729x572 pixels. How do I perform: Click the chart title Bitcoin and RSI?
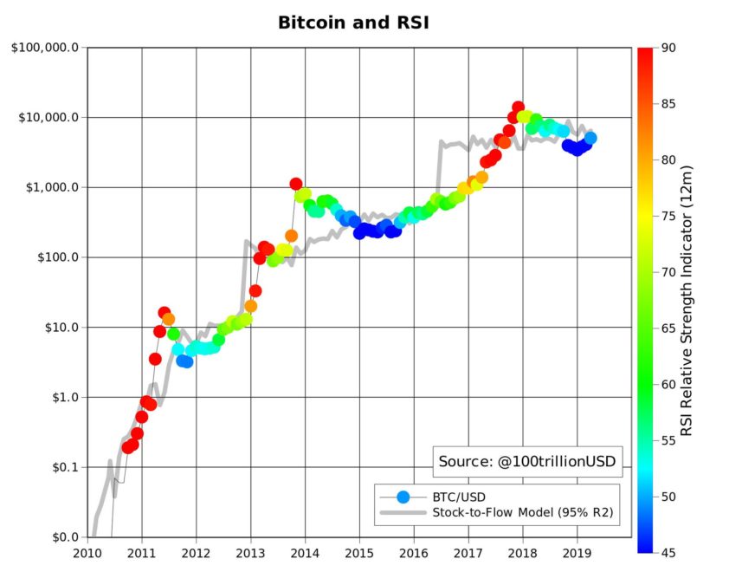pyautogui.click(x=352, y=23)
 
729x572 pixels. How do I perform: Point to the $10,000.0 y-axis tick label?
pyautogui.click(x=45, y=117)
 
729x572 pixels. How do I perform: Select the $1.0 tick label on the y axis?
pyautogui.click(x=59, y=397)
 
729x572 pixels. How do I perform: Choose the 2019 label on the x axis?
pyautogui.click(x=577, y=552)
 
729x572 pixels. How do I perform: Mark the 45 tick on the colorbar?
pyautogui.click(x=668, y=552)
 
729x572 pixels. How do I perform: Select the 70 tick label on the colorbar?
pyautogui.click(x=668, y=272)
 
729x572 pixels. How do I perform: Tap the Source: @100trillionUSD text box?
pyautogui.click(x=527, y=462)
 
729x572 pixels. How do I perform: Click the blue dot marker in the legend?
pyautogui.click(x=402, y=497)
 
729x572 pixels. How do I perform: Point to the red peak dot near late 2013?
pyautogui.click(x=296, y=184)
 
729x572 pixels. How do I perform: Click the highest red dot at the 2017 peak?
pyautogui.click(x=518, y=107)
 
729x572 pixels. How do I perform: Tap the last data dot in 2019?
pyautogui.click(x=590, y=138)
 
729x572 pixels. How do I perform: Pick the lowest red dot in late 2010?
pyautogui.click(x=128, y=447)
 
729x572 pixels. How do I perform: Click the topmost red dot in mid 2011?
pyautogui.click(x=165, y=312)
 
